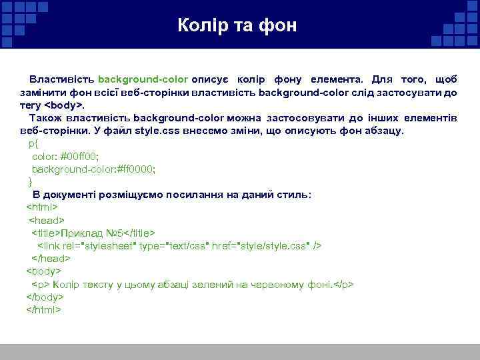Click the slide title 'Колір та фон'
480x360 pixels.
(237, 26)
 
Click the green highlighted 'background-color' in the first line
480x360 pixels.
(143, 80)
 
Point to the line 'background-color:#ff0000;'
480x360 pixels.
(93, 169)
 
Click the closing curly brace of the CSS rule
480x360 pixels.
(30, 181)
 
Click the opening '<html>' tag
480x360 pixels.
(41, 207)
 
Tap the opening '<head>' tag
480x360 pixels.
(46, 219)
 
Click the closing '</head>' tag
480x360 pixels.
(51, 258)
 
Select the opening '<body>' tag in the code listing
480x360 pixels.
(43, 271)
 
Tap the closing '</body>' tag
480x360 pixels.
(45, 297)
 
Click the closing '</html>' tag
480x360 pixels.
(43, 309)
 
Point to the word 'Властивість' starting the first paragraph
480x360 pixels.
(61, 80)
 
